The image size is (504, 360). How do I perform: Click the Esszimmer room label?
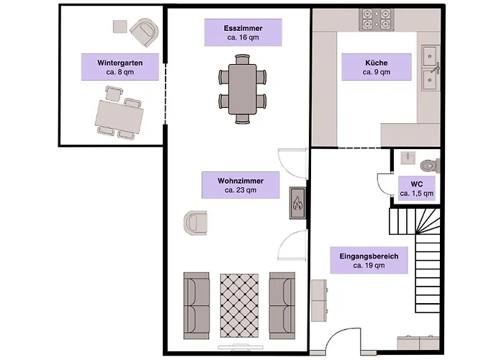click(x=243, y=32)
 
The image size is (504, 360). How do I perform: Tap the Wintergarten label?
click(x=120, y=67)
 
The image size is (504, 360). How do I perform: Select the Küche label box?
click(x=377, y=67)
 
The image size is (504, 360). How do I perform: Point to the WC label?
click(x=417, y=189)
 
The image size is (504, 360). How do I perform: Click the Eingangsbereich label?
click(x=369, y=261)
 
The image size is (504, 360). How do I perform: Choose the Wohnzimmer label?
click(x=240, y=185)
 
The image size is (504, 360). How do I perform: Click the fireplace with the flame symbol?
click(x=297, y=203)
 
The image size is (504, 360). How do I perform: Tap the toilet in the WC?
click(x=430, y=166)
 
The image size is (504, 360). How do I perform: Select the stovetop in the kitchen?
click(x=377, y=19)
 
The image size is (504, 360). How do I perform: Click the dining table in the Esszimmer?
click(x=243, y=89)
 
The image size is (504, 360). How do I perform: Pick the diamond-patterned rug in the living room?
click(x=239, y=305)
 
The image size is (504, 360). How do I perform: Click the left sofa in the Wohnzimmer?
click(x=197, y=306)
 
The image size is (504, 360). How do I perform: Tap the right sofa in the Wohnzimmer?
click(x=282, y=306)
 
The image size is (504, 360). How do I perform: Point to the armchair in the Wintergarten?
click(x=145, y=32)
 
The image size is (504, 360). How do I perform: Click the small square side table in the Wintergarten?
click(x=120, y=27)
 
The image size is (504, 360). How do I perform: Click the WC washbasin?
click(x=408, y=158)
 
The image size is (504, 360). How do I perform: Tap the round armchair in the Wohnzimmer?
click(x=195, y=222)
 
